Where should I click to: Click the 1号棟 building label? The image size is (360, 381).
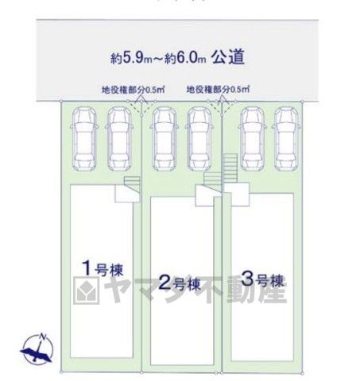103,268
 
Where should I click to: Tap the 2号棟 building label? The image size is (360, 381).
180,283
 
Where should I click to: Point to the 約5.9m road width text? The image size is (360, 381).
131,59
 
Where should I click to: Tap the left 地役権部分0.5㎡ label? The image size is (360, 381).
134,90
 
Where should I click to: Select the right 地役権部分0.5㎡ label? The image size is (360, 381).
218,89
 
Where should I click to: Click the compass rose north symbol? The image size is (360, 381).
37,349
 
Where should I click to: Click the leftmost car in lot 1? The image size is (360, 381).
84,139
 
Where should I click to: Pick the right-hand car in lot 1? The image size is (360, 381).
119,139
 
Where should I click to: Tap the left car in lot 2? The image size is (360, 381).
165,139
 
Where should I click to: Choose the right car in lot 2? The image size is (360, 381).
199,139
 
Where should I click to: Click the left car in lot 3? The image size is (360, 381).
253,139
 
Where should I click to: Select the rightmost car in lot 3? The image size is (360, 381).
287,139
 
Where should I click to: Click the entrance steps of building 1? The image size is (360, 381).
132,184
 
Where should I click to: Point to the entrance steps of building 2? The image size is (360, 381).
212,181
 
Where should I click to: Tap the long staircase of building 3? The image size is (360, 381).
230,168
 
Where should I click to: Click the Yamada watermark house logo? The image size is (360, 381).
87,291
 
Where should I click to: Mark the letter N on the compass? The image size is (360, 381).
42,337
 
